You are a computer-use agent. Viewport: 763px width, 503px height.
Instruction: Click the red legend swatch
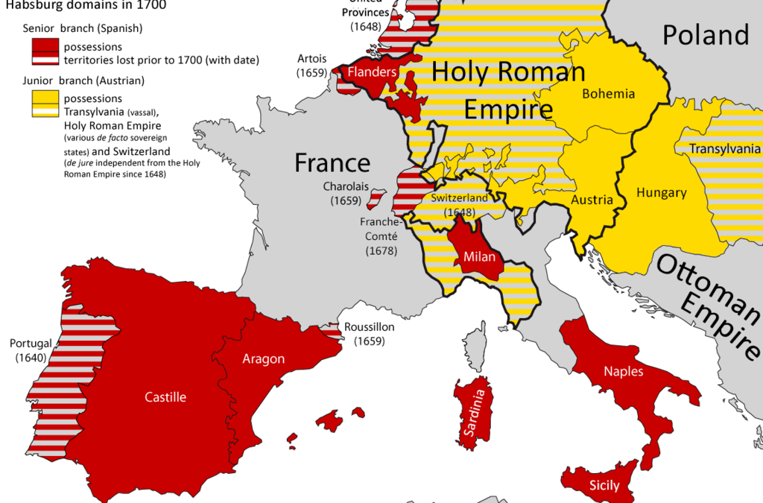[45, 51]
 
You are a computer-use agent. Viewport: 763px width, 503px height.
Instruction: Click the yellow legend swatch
[45, 103]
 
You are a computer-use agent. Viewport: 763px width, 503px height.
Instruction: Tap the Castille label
[165, 397]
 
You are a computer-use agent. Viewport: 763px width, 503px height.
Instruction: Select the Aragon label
[263, 359]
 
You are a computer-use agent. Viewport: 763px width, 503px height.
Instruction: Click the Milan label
[475, 257]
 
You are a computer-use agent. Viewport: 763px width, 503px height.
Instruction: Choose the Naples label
[624, 371]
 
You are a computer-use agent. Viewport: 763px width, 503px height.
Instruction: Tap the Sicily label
[604, 486]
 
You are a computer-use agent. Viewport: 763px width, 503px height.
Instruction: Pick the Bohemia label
[609, 94]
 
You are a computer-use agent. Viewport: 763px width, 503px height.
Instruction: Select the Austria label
[592, 200]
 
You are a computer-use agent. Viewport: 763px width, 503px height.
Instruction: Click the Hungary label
[661, 193]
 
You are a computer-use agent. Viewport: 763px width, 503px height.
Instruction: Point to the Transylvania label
[724, 148]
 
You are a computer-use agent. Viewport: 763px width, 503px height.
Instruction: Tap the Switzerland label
[459, 198]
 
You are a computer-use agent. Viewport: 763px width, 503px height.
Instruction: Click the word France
[332, 162]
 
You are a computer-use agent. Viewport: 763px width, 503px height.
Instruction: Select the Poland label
[706, 35]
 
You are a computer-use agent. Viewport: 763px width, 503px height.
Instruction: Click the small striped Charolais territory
[377, 197]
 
